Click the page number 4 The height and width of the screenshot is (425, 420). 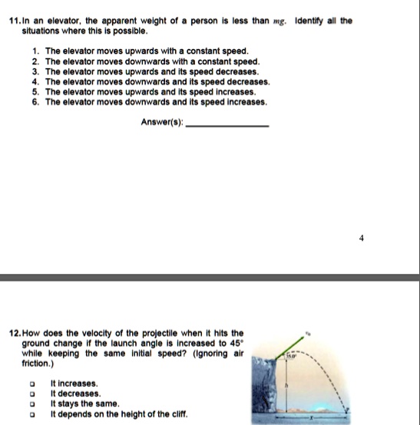pos(361,238)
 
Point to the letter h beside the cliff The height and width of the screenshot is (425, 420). pos(286,386)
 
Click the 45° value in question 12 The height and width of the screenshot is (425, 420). pos(237,345)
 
